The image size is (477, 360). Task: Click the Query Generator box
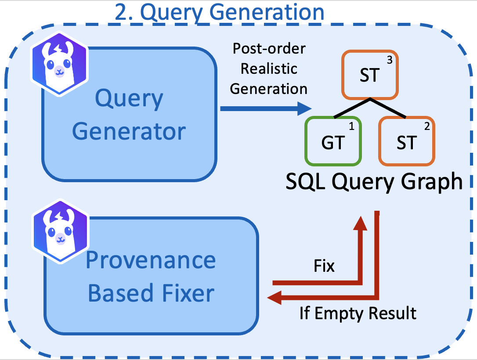[x=129, y=114]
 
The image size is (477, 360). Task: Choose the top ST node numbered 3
[x=370, y=76]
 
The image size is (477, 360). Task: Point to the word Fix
[x=324, y=266]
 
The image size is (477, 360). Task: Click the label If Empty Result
[x=358, y=313]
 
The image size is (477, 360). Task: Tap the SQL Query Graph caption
[x=374, y=182]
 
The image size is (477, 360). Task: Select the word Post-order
[x=269, y=48]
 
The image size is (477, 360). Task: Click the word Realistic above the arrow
[x=269, y=68]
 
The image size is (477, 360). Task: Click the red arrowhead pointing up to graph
[x=361, y=222]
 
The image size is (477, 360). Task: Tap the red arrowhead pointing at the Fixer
[x=275, y=299]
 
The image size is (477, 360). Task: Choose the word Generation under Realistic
[x=269, y=88]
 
